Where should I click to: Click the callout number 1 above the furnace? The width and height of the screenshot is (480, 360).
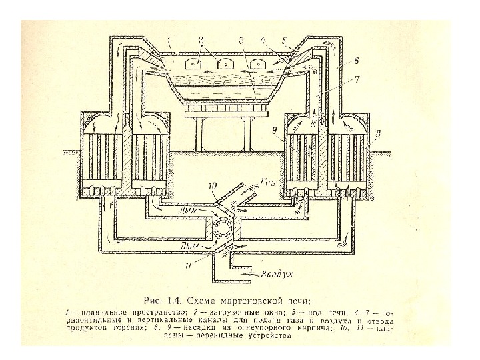(x=171, y=41)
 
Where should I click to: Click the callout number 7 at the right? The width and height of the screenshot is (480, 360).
(x=357, y=79)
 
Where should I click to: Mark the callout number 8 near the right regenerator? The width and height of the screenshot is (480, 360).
(x=377, y=134)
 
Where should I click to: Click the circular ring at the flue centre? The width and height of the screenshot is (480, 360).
(x=220, y=229)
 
